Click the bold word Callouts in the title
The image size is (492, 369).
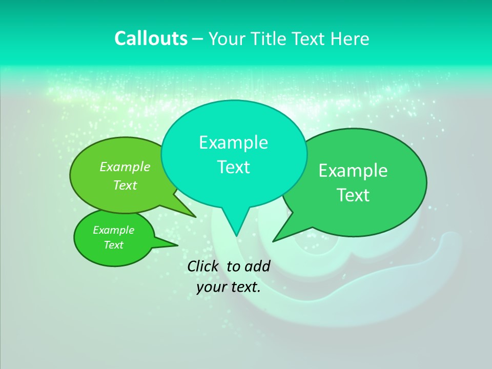pos(151,38)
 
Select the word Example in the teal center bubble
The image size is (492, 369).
pos(233,142)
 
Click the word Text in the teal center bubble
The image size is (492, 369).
pos(233,167)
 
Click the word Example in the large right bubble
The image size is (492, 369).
pos(353,171)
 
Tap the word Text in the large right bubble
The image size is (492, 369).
pos(353,195)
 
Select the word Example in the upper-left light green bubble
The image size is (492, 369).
pos(125,167)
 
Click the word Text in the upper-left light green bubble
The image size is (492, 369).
pos(125,185)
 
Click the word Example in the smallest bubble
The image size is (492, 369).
pos(113,230)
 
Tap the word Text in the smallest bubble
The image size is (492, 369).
pos(113,245)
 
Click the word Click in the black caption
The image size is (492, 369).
pos(203,266)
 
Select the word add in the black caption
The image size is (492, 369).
pos(257,266)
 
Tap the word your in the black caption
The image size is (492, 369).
pos(211,287)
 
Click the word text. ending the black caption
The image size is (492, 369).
pos(244,287)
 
